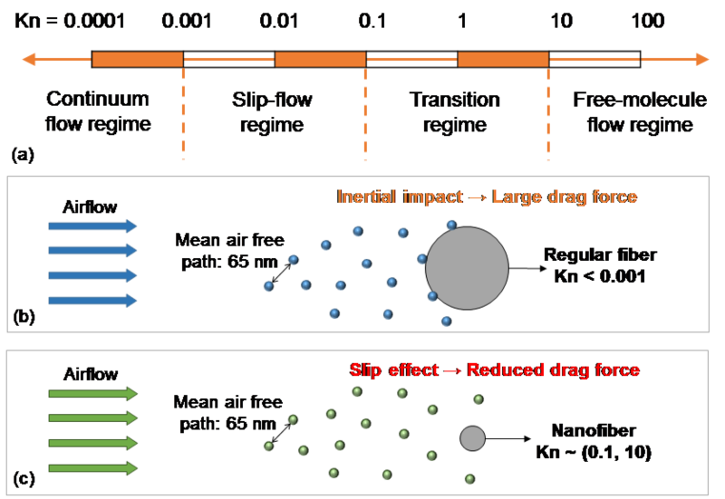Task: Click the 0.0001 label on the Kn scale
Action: [93, 20]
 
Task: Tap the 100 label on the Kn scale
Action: [649, 20]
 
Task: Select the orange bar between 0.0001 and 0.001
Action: [138, 60]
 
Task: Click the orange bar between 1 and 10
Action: [503, 60]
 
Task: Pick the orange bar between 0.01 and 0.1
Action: [320, 60]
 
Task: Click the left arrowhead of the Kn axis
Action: [28, 60]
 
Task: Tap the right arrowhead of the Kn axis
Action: [702, 60]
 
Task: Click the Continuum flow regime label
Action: [98, 111]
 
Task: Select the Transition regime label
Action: [455, 111]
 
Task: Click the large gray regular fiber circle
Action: [467, 268]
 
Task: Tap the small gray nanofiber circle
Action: [472, 438]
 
